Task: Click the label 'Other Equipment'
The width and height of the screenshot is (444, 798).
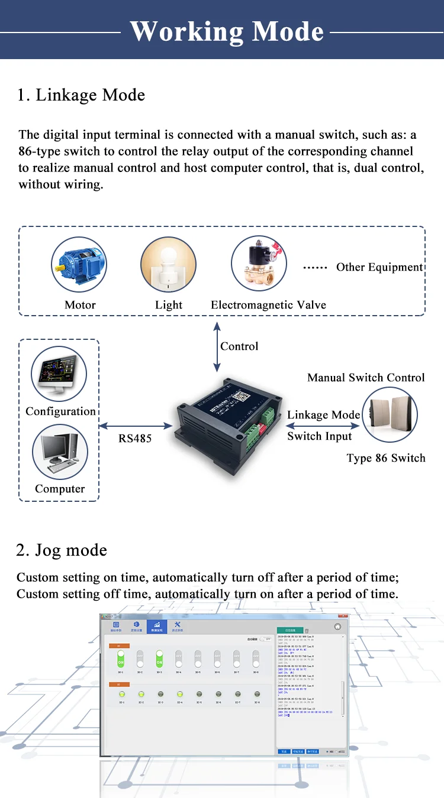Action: pos(379,267)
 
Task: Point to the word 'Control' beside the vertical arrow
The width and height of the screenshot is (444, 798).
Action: pos(239,346)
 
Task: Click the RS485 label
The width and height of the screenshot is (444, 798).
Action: pos(135,439)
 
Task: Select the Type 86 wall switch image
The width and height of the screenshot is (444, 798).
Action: pos(390,415)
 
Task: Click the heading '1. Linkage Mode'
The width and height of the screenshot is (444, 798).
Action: pos(81,95)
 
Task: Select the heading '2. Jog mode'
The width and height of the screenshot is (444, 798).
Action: pos(62,550)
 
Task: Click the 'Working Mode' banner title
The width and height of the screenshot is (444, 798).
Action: pos(227,31)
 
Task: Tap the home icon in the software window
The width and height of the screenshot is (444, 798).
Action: pos(337,627)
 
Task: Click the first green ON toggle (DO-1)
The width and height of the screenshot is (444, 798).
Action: pos(121,658)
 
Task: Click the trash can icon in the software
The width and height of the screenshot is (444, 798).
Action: pos(307,631)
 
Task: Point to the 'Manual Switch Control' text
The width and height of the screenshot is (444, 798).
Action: pos(366,378)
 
